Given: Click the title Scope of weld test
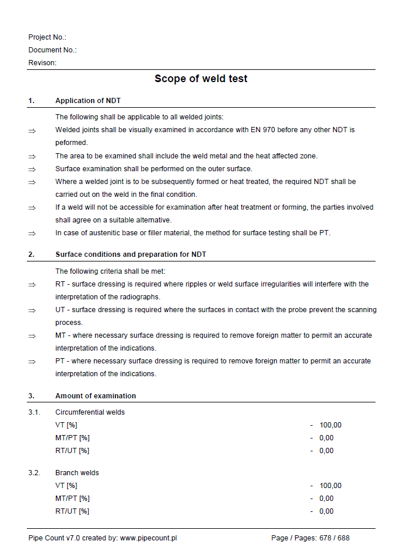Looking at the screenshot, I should tap(201, 79).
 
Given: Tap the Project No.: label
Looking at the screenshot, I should tap(47, 37).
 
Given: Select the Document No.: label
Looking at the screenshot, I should tap(52, 50).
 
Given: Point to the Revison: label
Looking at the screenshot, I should tap(43, 63).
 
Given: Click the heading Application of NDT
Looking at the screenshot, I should tap(88, 101).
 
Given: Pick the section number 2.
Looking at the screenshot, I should tap(31, 254).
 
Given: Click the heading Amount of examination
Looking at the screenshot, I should tap(96, 396).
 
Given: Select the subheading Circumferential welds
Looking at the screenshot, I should tap(90, 412).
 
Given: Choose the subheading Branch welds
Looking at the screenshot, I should tap(77, 473).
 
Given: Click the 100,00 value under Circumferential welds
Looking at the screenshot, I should tap(330, 425).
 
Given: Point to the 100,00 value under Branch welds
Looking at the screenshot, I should tap(330, 486).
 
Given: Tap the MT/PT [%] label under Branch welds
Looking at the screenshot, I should tap(72, 499).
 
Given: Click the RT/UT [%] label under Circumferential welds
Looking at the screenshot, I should tap(72, 451).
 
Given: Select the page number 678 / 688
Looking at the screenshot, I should tap(334, 538).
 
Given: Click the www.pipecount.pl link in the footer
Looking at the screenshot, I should tap(148, 538).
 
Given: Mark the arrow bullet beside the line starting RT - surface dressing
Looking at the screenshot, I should tap(32, 285).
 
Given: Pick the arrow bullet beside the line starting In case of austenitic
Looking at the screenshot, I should tap(32, 234).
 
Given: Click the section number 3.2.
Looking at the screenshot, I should tap(34, 473).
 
